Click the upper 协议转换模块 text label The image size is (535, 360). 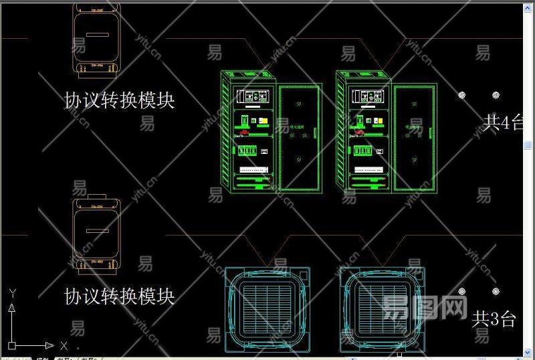[x=120, y=100]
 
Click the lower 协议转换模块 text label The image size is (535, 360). [x=120, y=295]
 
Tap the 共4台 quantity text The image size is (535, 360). [x=503, y=122]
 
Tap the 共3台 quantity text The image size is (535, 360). [x=494, y=318]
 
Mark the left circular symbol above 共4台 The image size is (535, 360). [x=462, y=95]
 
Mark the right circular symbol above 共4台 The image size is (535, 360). [x=495, y=95]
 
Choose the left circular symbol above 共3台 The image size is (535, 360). [x=462, y=291]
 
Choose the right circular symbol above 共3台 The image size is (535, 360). [x=495, y=291]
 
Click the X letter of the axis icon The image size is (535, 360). [x=64, y=346]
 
